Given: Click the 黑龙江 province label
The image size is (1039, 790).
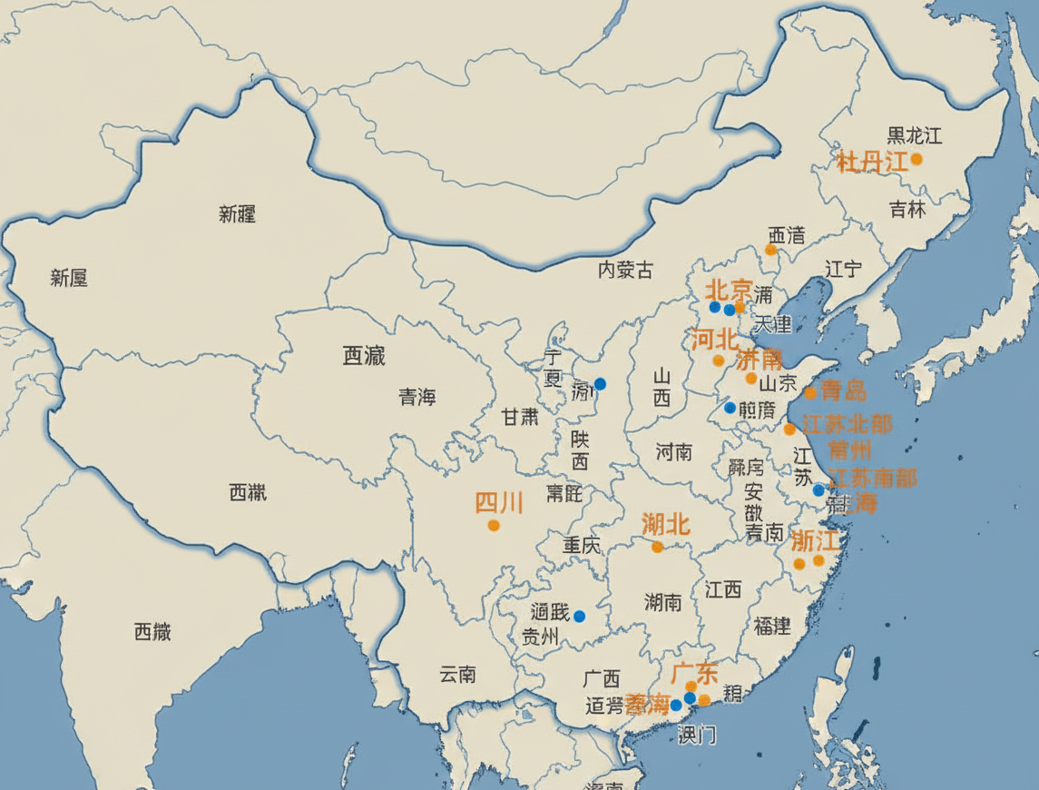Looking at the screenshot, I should (914, 136).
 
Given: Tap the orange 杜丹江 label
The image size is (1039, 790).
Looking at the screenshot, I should (872, 163).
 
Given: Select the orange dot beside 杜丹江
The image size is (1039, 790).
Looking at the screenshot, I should (916, 159).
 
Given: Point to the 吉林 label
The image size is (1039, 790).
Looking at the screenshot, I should (907, 210).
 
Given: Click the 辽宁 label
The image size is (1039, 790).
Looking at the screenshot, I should (844, 269).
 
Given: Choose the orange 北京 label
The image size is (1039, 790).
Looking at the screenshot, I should (729, 291).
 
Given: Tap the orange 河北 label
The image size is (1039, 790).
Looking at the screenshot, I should (714, 341).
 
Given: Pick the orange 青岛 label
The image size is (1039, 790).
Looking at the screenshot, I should (843, 391).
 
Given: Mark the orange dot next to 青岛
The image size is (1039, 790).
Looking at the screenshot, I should (810, 393).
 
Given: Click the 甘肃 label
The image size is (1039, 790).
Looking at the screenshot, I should (520, 417).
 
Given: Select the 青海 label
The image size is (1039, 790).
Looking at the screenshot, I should (417, 397).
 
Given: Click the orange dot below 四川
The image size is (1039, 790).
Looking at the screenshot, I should (494, 525).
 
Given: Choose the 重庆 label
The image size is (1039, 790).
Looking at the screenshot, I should (582, 546).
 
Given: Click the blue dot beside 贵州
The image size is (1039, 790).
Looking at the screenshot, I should (580, 617).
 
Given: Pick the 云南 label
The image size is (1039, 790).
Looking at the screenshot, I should (457, 675).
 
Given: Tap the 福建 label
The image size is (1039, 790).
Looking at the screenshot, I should (772, 626).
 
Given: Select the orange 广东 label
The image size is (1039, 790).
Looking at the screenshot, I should (694, 673).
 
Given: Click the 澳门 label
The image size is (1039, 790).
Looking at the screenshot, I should (696, 735).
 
